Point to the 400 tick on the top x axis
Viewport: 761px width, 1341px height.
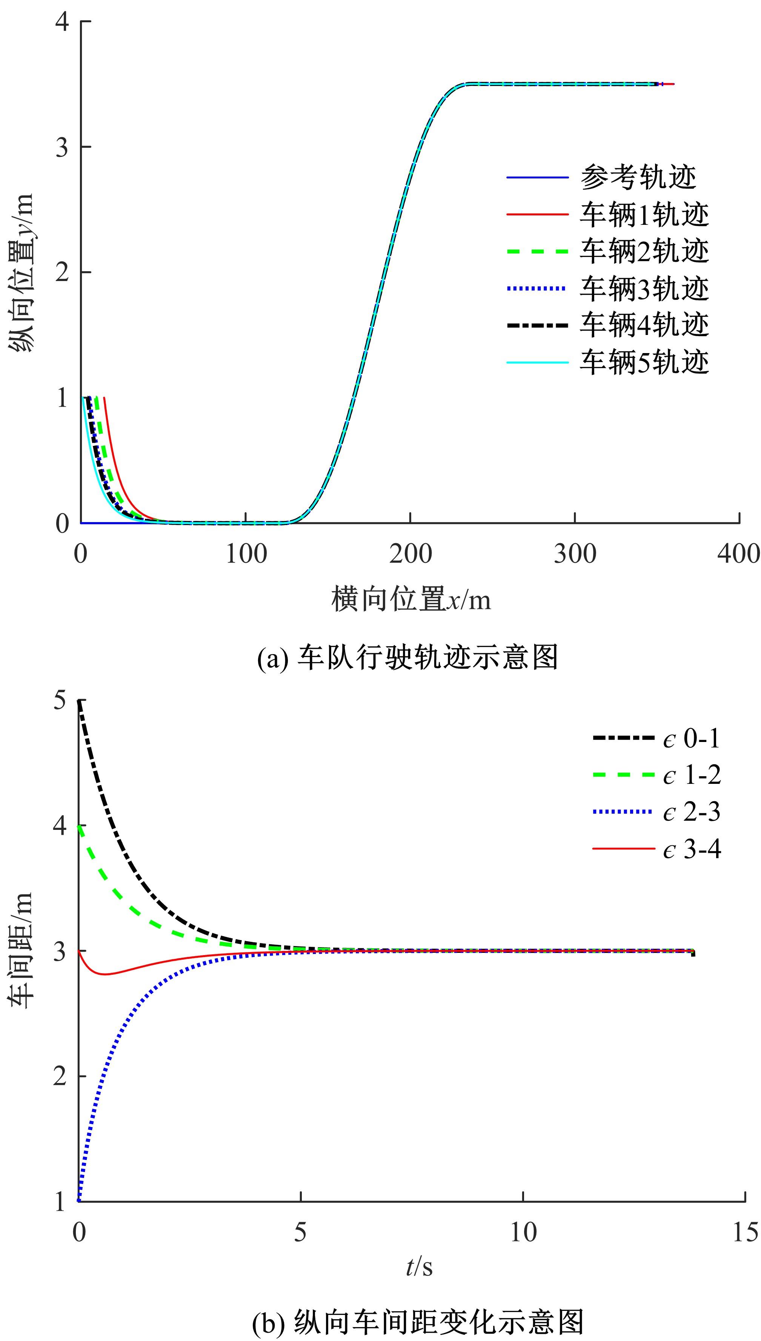[x=738, y=554]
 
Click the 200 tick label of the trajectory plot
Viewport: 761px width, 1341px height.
[x=410, y=554]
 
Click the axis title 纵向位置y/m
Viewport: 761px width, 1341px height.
[x=22, y=272]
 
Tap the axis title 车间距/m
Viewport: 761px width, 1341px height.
[x=22, y=950]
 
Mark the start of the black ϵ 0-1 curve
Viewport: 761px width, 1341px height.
[x=80, y=700]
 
